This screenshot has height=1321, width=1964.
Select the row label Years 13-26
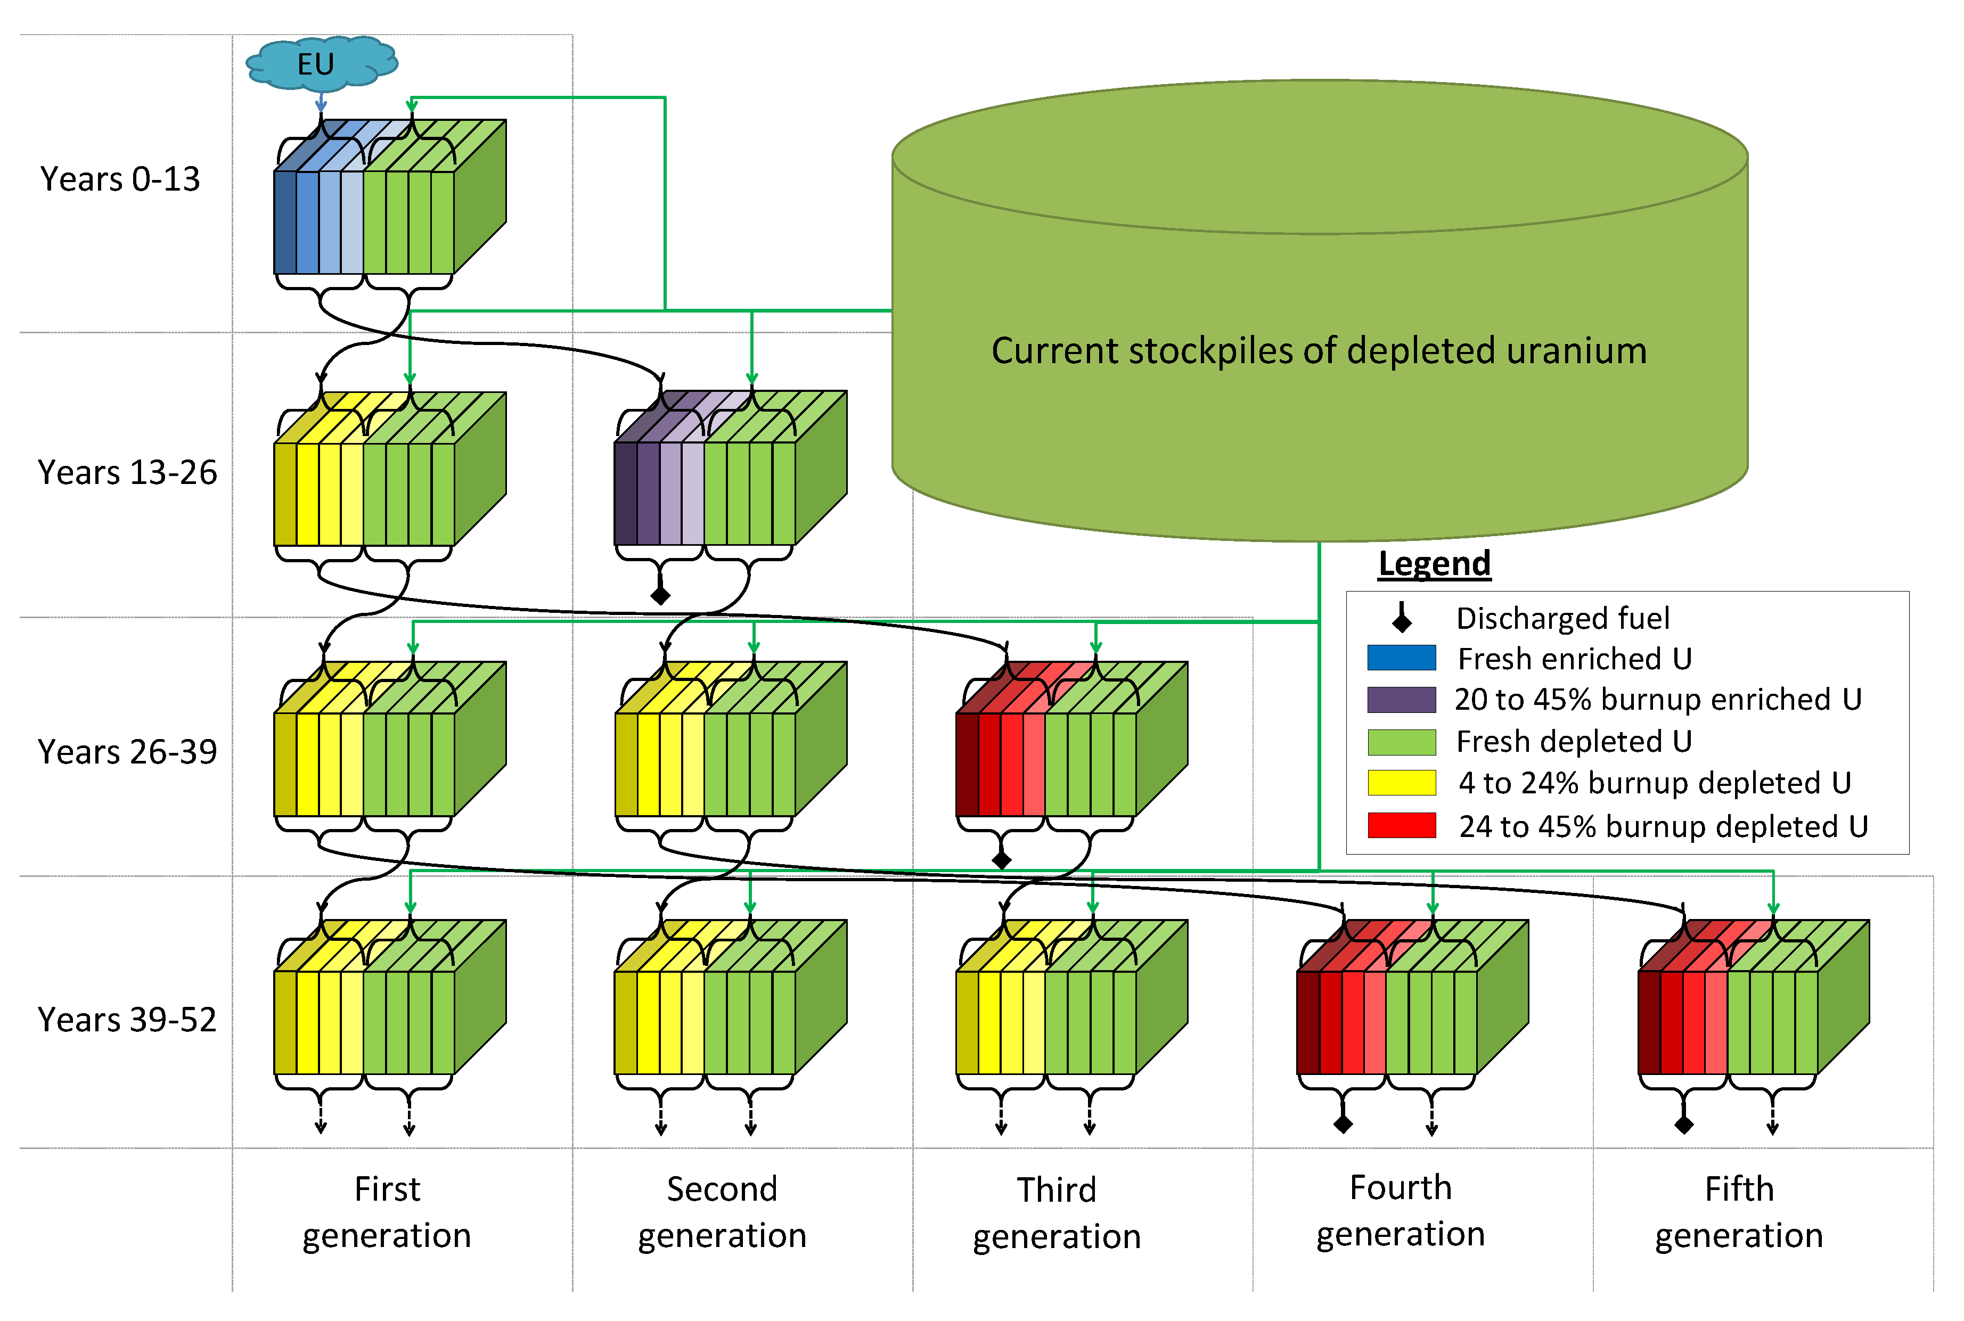click(127, 473)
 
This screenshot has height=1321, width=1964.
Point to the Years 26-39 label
click(127, 751)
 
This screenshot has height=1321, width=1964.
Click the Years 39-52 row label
click(127, 1020)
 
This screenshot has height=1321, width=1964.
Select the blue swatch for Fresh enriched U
click(1401, 658)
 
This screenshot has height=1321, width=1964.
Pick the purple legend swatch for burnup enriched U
click(1401, 699)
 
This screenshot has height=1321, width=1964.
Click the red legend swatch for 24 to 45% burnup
click(1401, 826)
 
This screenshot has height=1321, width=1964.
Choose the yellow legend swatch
click(1401, 783)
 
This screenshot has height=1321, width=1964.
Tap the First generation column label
click(387, 1211)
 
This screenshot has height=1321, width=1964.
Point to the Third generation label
click(1057, 1212)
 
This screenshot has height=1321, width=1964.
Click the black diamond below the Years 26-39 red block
click(1001, 859)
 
